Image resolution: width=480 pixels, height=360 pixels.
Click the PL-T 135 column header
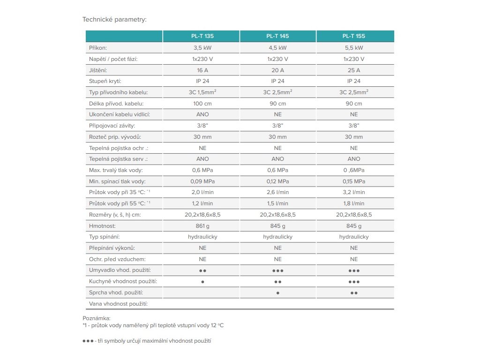point(202,36)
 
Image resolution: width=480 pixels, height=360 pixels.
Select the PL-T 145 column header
point(277,36)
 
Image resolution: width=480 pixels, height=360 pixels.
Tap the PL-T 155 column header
point(354,36)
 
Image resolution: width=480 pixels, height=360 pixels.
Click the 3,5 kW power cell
point(202,48)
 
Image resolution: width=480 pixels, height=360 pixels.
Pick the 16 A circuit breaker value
point(202,70)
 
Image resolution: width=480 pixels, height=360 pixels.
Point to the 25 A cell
point(354,70)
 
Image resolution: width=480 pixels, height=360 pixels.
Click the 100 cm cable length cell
point(202,104)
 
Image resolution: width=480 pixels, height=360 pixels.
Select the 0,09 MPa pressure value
point(202,181)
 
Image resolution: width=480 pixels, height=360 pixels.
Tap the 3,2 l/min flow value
point(354,192)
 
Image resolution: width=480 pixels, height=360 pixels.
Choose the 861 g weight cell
point(202,226)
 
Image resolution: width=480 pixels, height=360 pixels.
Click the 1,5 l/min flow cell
point(277,203)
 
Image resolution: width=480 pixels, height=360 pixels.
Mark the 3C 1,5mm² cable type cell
point(202,92)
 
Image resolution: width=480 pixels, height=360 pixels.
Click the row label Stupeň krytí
point(105,82)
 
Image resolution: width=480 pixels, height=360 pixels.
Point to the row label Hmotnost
point(102,226)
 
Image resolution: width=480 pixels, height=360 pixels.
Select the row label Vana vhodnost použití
point(118,304)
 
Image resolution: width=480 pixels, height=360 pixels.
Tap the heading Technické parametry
point(114,19)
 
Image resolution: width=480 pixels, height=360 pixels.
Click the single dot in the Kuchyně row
point(202,282)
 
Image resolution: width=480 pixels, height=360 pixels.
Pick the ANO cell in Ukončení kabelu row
point(202,114)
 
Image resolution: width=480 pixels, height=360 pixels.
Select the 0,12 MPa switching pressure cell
point(277,181)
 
